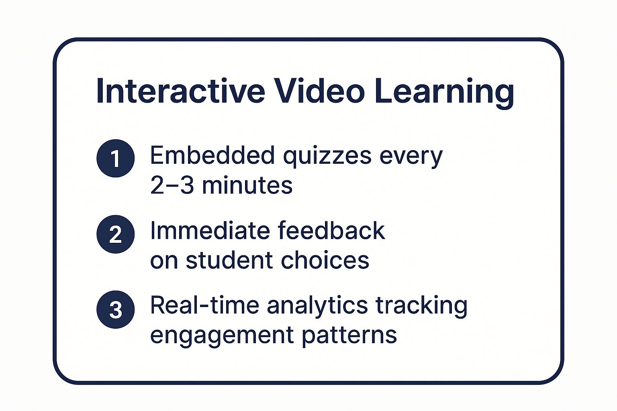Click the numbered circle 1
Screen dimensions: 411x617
click(115, 158)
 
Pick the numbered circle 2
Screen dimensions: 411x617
click(115, 234)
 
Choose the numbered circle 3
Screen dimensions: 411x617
click(115, 309)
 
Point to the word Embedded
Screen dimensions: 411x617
click(212, 155)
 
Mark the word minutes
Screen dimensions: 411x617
click(247, 186)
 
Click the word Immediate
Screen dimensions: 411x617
click(210, 231)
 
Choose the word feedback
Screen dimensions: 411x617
click(331, 231)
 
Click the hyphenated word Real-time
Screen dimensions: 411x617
click(204, 305)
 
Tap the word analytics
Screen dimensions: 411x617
click(317, 306)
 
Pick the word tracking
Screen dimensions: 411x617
click(421, 306)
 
